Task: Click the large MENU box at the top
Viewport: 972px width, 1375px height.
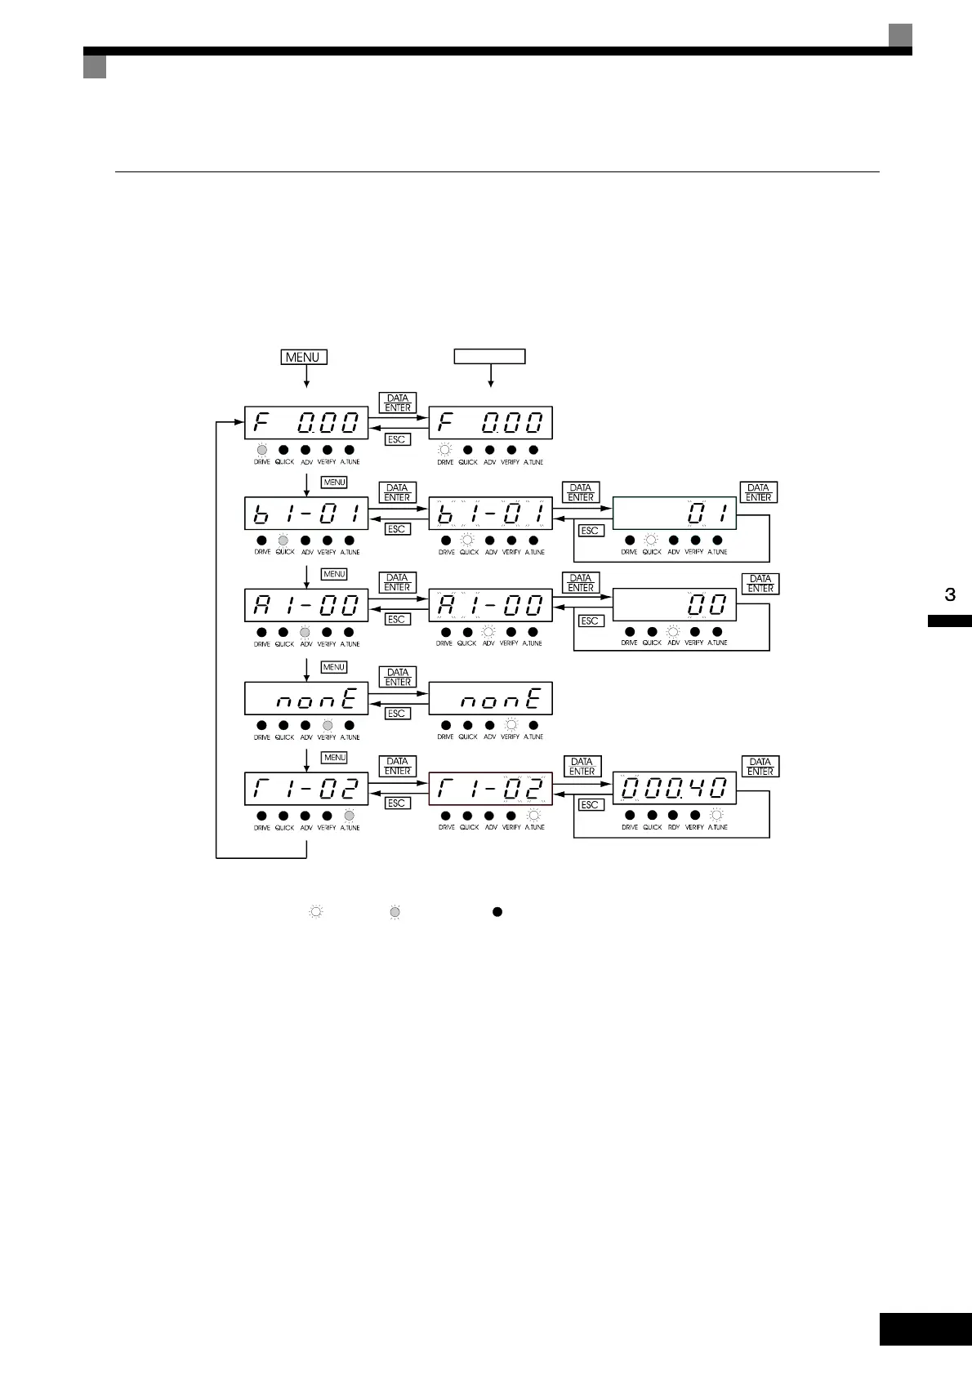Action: click(x=304, y=357)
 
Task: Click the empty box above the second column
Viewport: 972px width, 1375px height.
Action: click(x=489, y=356)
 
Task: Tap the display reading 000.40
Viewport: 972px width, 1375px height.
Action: click(x=675, y=789)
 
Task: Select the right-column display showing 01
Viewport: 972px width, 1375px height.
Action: click(x=675, y=514)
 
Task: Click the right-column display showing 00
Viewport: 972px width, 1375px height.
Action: click(x=675, y=605)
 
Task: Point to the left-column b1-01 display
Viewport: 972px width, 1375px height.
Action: click(x=306, y=514)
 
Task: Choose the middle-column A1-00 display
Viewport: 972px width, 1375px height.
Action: click(x=490, y=606)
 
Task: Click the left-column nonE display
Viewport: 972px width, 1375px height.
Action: click(x=306, y=699)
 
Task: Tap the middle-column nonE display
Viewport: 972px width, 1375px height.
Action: click(x=490, y=699)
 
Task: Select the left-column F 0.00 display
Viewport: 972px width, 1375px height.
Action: click(x=306, y=423)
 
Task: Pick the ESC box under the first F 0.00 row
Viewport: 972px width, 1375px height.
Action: click(x=397, y=439)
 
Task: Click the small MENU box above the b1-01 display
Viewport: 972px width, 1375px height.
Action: click(x=334, y=483)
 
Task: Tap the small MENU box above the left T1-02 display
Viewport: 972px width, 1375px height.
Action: click(x=335, y=758)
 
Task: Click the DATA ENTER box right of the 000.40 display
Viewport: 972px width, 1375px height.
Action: click(x=760, y=767)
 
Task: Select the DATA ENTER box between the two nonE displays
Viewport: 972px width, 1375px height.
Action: click(x=398, y=677)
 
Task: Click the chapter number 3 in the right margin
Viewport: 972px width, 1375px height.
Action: click(x=950, y=594)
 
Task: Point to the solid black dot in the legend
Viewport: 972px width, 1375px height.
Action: click(x=497, y=911)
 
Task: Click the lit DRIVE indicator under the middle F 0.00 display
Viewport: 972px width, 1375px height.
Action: click(x=445, y=449)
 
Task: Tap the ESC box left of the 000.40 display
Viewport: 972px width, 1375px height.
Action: click(x=590, y=805)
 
